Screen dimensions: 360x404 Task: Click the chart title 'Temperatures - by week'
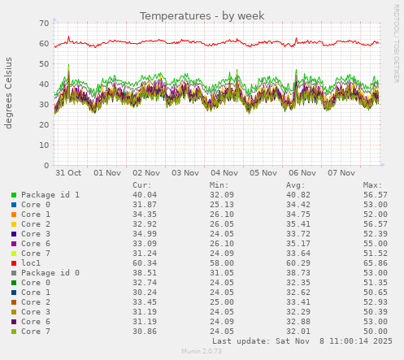tap(202, 15)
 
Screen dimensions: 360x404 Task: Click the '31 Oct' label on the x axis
tap(68, 173)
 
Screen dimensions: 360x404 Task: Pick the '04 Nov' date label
tap(224, 173)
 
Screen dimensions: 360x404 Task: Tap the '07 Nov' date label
tap(341, 173)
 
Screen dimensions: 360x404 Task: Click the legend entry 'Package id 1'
tap(50, 195)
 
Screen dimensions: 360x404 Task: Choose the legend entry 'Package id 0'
tap(50, 273)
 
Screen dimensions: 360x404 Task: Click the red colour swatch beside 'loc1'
tap(13, 263)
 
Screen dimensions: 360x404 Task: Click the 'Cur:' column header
tap(142, 185)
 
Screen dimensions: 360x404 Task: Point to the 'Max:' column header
tap(373, 185)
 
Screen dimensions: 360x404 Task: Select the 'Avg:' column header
tap(296, 185)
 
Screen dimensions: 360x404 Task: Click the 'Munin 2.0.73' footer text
tap(202, 352)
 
